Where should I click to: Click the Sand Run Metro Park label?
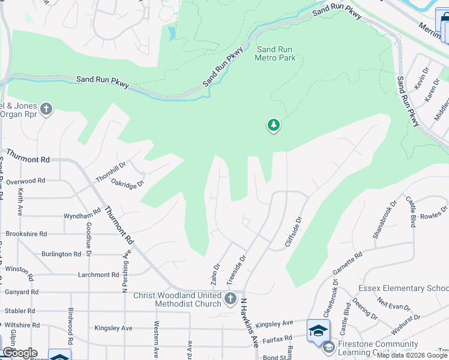(276, 54)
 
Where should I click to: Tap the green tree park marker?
(274, 125)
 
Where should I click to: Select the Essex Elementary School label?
(403, 289)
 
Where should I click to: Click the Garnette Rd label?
(348, 265)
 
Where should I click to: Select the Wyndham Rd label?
(82, 215)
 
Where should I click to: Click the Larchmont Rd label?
(98, 275)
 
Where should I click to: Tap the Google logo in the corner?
(19, 353)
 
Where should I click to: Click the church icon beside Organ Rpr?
(46, 110)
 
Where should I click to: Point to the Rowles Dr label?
(434, 214)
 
